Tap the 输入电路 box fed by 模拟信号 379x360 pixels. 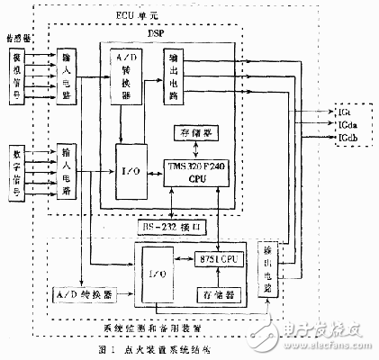pos(68,76)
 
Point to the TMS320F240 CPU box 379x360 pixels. pos(194,173)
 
